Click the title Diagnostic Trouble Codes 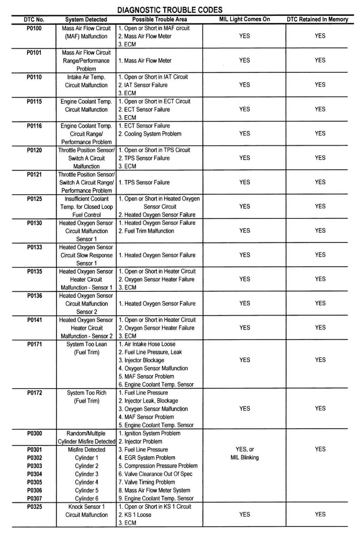(170, 10)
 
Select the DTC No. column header (34, 19)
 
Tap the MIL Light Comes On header (244, 19)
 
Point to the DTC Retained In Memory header (317, 19)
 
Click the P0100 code (34, 28)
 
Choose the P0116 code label (34, 126)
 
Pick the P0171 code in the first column (34, 344)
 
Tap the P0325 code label (34, 507)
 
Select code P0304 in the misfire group (34, 474)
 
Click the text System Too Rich (86, 393)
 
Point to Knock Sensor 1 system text (86, 507)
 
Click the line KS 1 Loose (135, 515)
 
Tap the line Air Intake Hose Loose (147, 344)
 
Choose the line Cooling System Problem (150, 134)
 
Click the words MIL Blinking (244, 457)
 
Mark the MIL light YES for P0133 (244, 255)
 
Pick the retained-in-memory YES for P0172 (320, 408)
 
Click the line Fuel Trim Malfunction (146, 231)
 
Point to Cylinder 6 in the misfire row (86, 498)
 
